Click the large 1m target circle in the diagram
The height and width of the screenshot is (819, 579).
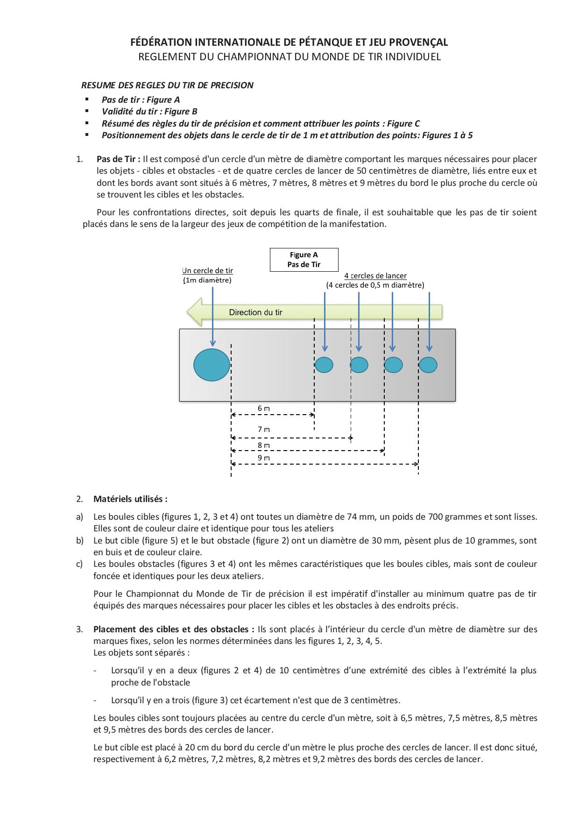[x=212, y=365]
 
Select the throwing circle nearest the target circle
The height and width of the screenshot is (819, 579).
[x=324, y=365]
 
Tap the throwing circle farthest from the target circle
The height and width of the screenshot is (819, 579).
[x=428, y=365]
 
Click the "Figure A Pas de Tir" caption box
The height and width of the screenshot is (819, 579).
[x=304, y=260]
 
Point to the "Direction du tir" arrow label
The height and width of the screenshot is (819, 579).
[x=255, y=312]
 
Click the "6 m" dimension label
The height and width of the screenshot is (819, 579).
[x=264, y=408]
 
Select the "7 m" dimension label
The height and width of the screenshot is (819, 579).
[x=264, y=429]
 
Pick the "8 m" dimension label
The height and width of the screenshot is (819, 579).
[x=264, y=445]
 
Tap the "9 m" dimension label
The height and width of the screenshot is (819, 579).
[x=264, y=458]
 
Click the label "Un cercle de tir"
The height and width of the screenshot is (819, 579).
[x=207, y=271]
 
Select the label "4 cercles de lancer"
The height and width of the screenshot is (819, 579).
[x=375, y=276]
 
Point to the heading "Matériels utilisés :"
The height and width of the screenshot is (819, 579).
[x=130, y=499]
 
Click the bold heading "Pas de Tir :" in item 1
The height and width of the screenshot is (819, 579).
[x=119, y=159]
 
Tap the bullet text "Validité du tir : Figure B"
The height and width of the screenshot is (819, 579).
[x=149, y=111]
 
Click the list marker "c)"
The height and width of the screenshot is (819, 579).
[x=79, y=564]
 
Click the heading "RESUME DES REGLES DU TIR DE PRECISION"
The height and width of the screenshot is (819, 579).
[x=167, y=85]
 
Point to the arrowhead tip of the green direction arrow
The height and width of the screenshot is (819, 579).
[x=187, y=312]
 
